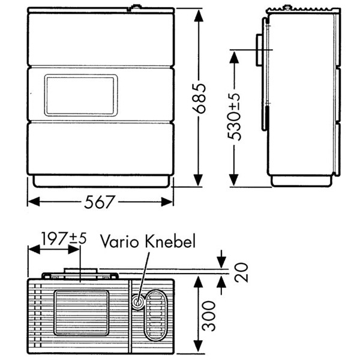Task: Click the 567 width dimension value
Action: pyautogui.click(x=99, y=202)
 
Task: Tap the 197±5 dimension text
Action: pyautogui.click(x=63, y=238)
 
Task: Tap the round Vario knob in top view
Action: pyautogui.click(x=139, y=302)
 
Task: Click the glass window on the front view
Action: pyautogui.click(x=80, y=95)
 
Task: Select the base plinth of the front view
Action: pyautogui.click(x=101, y=181)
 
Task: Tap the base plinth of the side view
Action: pyautogui.click(x=301, y=181)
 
